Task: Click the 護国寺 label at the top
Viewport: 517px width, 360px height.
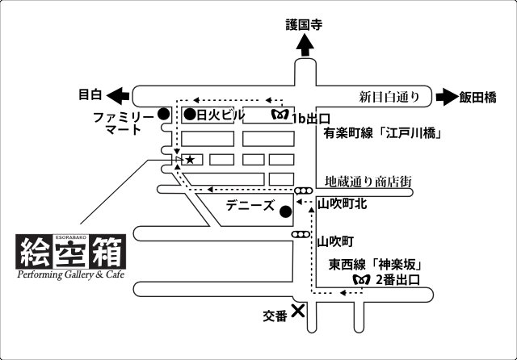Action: click(x=304, y=25)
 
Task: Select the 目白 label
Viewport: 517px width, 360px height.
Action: click(x=90, y=95)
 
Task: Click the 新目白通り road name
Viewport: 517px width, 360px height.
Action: click(x=389, y=97)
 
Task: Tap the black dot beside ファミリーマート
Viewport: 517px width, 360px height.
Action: click(x=163, y=114)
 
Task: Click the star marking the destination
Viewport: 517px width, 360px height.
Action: click(x=190, y=160)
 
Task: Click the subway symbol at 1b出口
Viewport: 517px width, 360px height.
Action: click(x=280, y=115)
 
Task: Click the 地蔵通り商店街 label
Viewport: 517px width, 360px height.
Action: click(x=368, y=182)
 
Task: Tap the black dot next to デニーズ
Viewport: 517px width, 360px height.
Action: click(x=284, y=212)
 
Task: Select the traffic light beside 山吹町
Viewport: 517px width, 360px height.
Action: click(x=301, y=235)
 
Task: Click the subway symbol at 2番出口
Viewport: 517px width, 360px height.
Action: click(x=361, y=279)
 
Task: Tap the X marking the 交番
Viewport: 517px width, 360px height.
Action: click(x=298, y=310)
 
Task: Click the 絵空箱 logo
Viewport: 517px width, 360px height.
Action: click(x=72, y=252)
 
